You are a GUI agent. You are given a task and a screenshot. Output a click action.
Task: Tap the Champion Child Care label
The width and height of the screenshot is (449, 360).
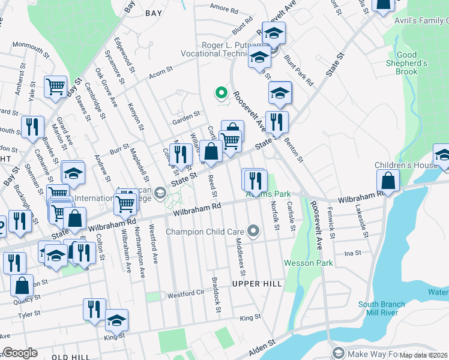click(x=204, y=231)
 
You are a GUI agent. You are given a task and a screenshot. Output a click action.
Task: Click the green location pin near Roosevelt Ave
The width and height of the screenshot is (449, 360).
click(x=221, y=93)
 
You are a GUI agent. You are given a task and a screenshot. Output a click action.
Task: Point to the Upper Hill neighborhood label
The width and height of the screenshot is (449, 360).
click(x=257, y=283)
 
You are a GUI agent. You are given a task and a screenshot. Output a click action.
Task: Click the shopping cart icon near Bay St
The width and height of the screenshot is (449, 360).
click(x=55, y=86)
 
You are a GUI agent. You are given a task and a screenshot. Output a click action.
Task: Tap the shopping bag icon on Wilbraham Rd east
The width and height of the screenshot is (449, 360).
click(x=388, y=180)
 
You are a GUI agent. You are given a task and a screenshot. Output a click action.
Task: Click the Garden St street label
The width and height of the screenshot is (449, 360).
click(x=185, y=115)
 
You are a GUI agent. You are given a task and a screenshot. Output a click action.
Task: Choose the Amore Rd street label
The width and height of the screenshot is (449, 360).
click(x=224, y=8)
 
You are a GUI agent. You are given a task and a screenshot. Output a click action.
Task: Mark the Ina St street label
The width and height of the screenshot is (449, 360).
click(x=352, y=254)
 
